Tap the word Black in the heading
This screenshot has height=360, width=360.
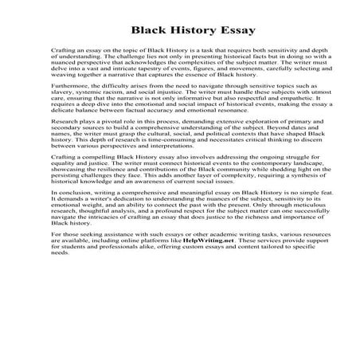[149, 31]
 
